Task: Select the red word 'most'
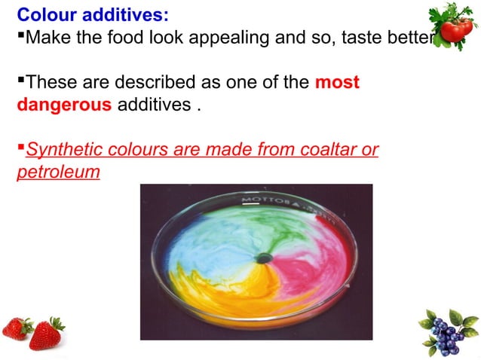click(x=337, y=83)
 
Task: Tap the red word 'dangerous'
click(x=63, y=105)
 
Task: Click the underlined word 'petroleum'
click(x=58, y=172)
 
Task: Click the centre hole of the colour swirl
click(x=263, y=258)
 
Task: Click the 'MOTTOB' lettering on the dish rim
click(x=264, y=202)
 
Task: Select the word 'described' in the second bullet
click(x=139, y=83)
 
